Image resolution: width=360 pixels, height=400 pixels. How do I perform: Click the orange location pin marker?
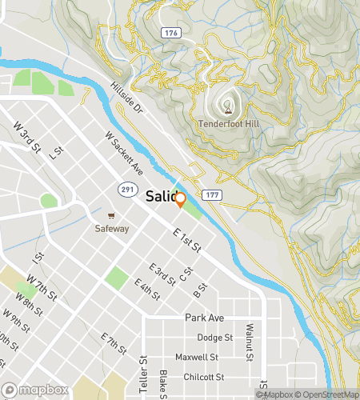pos(180,200)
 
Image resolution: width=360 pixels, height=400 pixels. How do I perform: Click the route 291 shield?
pos(126,189)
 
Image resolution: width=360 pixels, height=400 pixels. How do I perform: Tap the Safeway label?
pos(113,228)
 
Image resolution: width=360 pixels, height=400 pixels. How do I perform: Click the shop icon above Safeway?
pos(113,215)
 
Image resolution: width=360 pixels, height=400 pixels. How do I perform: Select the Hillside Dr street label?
pos(126,96)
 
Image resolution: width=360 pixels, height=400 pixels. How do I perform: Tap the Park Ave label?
pos(201,318)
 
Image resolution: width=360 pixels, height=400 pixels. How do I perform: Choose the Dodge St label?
pos(214,338)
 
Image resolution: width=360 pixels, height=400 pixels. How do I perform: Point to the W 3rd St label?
pos(27,135)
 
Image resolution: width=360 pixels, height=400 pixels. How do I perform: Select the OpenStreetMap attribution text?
pos(327,394)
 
